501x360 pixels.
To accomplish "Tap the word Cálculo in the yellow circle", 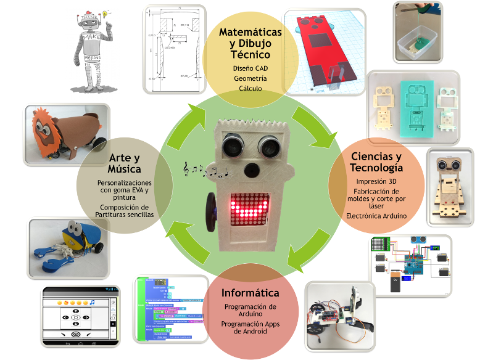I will point(250,88).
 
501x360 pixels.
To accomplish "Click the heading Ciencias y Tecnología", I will point(376,162).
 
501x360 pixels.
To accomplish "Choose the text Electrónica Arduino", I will point(376,216).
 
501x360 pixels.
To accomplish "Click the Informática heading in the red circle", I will point(250,293).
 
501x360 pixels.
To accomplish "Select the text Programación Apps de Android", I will point(250,327).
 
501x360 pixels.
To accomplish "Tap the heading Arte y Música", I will point(125,163).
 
